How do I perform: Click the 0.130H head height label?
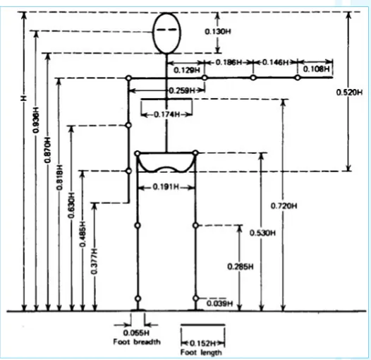(x=218, y=32)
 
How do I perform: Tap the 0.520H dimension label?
(x=349, y=92)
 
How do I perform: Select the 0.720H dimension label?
(x=284, y=206)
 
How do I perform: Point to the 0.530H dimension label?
(x=262, y=233)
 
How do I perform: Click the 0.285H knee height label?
(x=241, y=267)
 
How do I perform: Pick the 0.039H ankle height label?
(x=220, y=304)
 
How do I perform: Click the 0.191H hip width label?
(x=166, y=187)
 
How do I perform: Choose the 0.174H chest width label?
(x=167, y=114)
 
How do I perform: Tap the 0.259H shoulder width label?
(x=182, y=90)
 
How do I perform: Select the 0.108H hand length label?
(x=317, y=69)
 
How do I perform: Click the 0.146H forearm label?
(x=276, y=62)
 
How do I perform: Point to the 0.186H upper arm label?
(x=229, y=62)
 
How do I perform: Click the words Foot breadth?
(x=137, y=342)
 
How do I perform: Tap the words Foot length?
(x=201, y=352)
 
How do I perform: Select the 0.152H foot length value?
(x=203, y=343)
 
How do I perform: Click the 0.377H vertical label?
(x=95, y=261)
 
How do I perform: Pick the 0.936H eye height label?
(x=36, y=120)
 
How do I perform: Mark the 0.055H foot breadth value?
(x=136, y=332)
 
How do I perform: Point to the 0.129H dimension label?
(x=187, y=70)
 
